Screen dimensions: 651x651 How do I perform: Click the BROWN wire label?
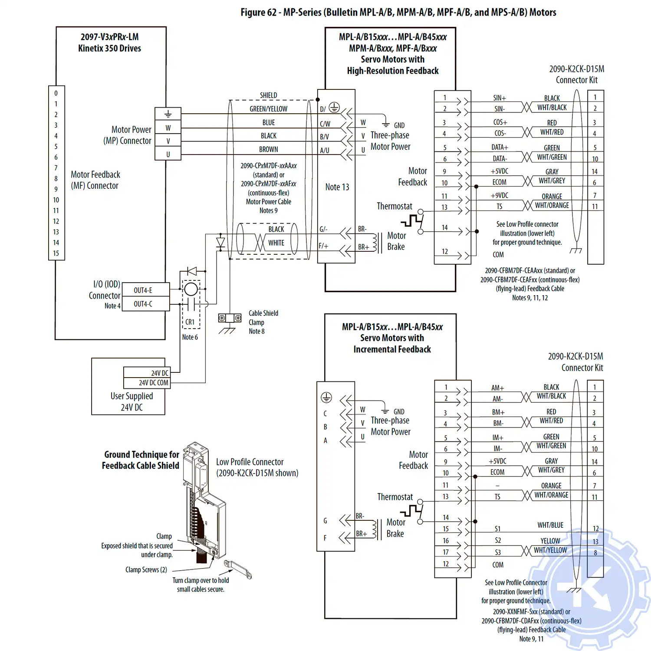(269, 149)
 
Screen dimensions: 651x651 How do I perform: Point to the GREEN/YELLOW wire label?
(268, 109)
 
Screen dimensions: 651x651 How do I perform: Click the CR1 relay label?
(190, 322)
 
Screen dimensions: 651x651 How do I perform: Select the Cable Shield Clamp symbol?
(230, 319)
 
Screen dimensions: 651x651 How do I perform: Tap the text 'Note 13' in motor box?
(337, 187)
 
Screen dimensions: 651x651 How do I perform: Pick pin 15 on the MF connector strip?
(56, 253)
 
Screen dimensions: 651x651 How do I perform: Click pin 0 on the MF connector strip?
(56, 93)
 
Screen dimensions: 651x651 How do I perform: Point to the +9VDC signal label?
(499, 196)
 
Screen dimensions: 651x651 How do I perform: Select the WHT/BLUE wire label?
(550, 525)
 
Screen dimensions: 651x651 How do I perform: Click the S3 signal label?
(498, 552)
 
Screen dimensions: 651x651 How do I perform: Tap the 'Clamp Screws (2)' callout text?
(146, 570)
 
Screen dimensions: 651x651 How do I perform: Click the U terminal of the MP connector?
(168, 154)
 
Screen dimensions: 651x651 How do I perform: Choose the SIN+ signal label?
(500, 98)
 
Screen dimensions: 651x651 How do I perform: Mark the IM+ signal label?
(498, 437)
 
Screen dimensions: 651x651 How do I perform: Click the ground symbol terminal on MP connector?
(168, 114)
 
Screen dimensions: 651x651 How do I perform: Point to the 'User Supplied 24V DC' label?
(132, 401)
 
